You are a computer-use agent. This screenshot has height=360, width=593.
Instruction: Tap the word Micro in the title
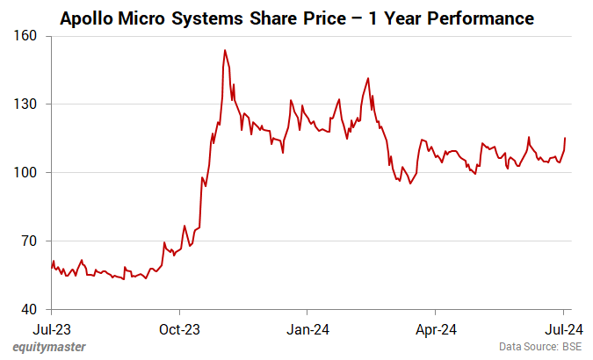click(x=143, y=18)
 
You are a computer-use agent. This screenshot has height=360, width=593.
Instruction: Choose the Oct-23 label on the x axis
click(x=179, y=330)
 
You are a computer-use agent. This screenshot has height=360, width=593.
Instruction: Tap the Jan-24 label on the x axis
click(x=307, y=330)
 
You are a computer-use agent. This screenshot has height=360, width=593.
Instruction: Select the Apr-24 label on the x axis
click(x=436, y=330)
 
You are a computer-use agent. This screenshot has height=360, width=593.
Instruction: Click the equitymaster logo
click(x=49, y=347)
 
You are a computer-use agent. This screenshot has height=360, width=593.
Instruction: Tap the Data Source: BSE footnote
click(x=539, y=347)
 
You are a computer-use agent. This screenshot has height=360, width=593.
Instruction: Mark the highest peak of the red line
click(x=225, y=50)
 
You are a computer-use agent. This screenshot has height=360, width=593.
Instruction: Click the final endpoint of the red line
click(x=565, y=138)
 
